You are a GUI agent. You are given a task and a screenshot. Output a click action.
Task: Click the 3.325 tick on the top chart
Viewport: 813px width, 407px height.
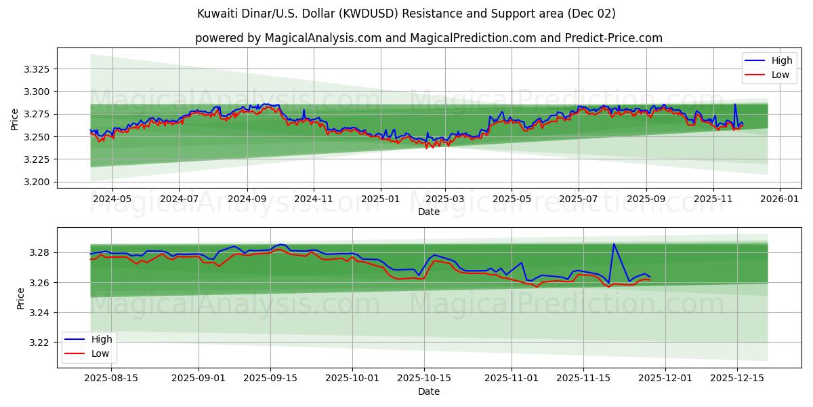(x=39, y=69)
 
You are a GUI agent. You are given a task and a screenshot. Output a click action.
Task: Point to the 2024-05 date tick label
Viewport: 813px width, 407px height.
(x=112, y=199)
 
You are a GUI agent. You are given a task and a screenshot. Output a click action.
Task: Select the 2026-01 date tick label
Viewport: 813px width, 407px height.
(x=779, y=199)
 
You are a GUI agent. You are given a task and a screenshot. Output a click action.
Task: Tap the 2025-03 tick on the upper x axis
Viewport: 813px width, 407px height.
(x=445, y=199)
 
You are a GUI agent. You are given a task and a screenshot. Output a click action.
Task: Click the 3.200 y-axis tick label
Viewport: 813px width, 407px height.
(x=39, y=182)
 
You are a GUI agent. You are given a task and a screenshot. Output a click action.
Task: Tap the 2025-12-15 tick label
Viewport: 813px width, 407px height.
(x=737, y=378)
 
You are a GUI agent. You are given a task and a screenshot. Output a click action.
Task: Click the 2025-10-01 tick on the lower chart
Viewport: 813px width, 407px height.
(x=352, y=378)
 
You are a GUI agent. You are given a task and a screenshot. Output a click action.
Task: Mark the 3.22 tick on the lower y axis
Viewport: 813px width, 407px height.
(x=42, y=343)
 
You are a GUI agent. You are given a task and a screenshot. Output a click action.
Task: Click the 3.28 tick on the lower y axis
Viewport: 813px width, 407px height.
(x=42, y=252)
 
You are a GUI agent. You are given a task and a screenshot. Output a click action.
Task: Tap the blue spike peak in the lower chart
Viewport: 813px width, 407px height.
(x=614, y=244)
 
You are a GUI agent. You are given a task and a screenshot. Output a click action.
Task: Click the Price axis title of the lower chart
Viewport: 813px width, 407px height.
(x=20, y=298)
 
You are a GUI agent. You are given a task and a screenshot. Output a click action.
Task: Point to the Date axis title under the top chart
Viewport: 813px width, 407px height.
(x=428, y=212)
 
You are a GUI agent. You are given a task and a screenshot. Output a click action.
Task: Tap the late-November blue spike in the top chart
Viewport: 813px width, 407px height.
(x=735, y=104)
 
